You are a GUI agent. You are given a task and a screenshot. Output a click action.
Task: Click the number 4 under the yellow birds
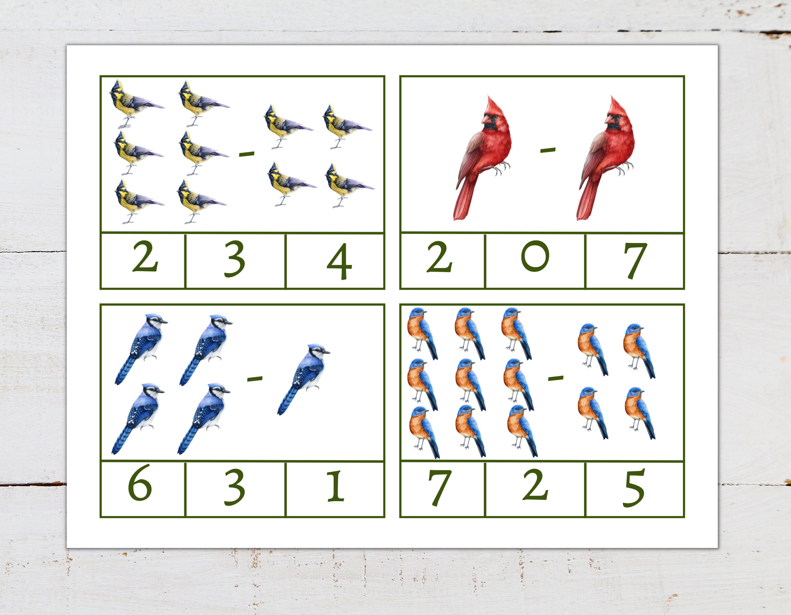[339, 261]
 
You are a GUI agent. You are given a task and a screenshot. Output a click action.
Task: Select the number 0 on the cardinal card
[535, 256]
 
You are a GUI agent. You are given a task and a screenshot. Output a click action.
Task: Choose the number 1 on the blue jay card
[335, 486]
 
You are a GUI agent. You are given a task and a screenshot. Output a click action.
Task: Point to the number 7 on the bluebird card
[440, 487]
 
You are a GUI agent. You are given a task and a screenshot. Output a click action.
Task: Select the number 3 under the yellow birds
[235, 259]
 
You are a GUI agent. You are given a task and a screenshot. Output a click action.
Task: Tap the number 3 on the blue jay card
[235, 487]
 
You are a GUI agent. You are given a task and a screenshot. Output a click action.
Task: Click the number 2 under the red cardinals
[439, 257]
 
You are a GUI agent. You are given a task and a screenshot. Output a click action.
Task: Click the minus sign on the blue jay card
[255, 379]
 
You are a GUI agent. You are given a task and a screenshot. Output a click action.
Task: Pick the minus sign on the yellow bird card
[247, 154]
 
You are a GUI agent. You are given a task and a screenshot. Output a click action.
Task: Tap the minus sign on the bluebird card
[556, 378]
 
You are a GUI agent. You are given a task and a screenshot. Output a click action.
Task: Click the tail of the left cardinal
[463, 203]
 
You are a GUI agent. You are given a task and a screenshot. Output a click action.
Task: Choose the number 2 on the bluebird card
[535, 485]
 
